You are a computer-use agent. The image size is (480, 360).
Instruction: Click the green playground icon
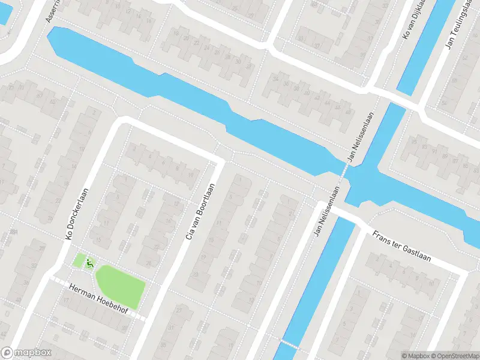[x=90, y=262]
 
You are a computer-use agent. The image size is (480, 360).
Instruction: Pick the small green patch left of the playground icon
[x=79, y=260]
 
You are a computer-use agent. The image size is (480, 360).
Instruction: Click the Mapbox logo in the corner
[x=26, y=353]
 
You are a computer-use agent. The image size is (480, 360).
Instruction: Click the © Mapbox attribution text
[x=415, y=356]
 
